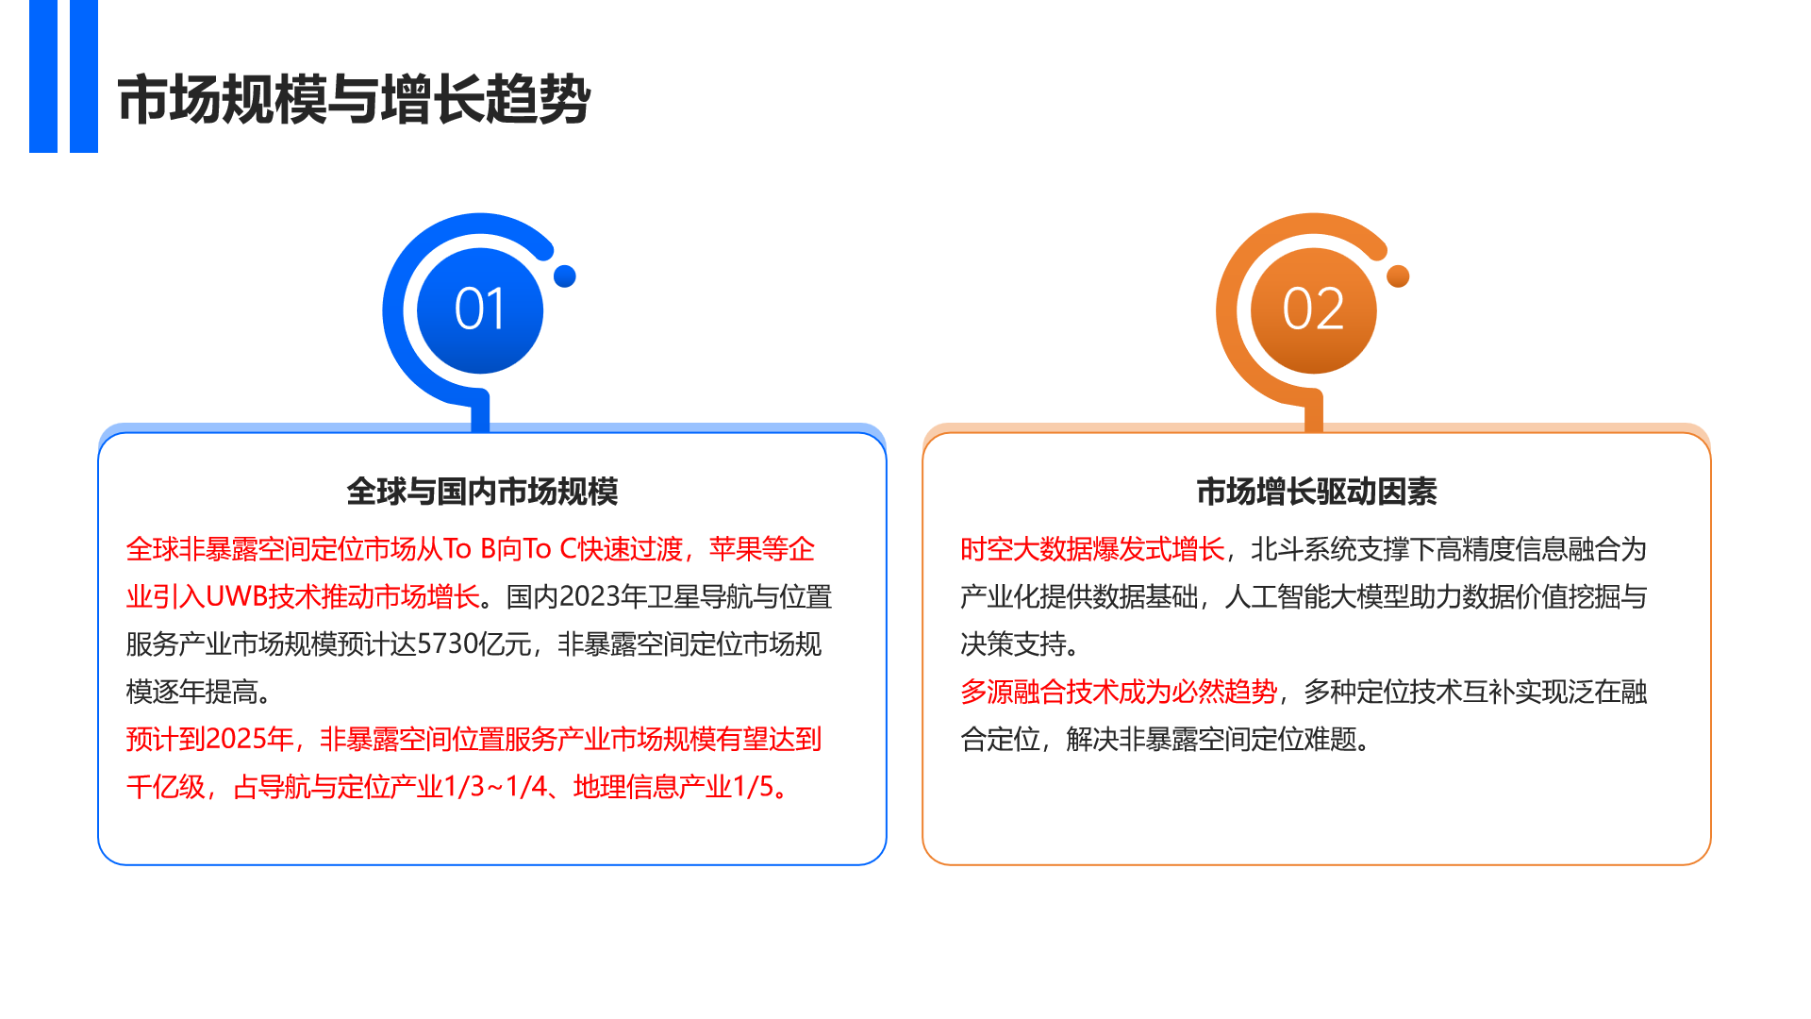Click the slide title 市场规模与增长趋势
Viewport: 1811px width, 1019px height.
pyautogui.click(x=354, y=99)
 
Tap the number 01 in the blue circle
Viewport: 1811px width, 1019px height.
pyautogui.click(x=480, y=309)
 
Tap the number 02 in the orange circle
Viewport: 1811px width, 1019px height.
pyautogui.click(x=1313, y=309)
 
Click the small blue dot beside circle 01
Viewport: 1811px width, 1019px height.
pyautogui.click(x=565, y=276)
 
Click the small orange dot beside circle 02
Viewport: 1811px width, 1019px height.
pyautogui.click(x=1399, y=276)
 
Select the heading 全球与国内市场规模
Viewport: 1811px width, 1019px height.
pyautogui.click(x=482, y=492)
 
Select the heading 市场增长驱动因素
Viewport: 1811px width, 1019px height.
pyautogui.click(x=1317, y=492)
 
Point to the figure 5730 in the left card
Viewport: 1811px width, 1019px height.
pyautogui.click(x=447, y=644)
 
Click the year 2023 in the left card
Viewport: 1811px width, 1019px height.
pyautogui.click(x=590, y=597)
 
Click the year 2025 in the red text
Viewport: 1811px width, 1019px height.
pyautogui.click(x=236, y=739)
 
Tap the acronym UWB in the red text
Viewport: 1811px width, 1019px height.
pyautogui.click(x=236, y=597)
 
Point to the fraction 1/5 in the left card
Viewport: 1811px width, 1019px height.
pyautogui.click(x=753, y=787)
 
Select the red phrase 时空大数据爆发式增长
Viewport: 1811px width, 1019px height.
pyautogui.click(x=1092, y=549)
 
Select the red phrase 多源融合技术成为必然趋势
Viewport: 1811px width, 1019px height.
pyautogui.click(x=1119, y=692)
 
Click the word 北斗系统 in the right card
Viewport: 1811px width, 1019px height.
pyautogui.click(x=1304, y=549)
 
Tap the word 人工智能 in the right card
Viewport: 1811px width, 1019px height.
pyautogui.click(x=1277, y=597)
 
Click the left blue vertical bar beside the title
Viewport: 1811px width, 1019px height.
pyautogui.click(x=43, y=75)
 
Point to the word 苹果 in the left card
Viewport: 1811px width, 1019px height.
pyautogui.click(x=735, y=549)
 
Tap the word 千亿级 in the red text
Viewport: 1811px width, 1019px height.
pyautogui.click(x=166, y=787)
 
